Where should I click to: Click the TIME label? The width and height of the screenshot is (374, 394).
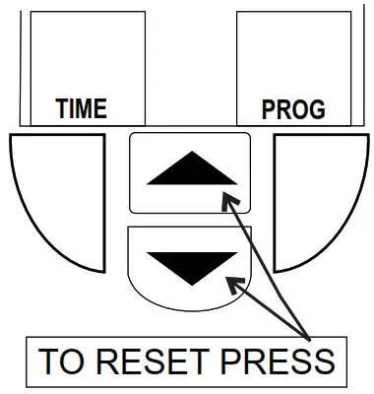[x=80, y=108]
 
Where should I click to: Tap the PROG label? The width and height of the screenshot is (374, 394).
[x=293, y=109]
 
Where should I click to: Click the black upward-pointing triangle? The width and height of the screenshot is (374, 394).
[x=191, y=171]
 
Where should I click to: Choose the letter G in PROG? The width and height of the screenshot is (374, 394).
[x=316, y=109]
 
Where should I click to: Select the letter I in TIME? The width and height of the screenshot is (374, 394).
[x=70, y=108]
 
